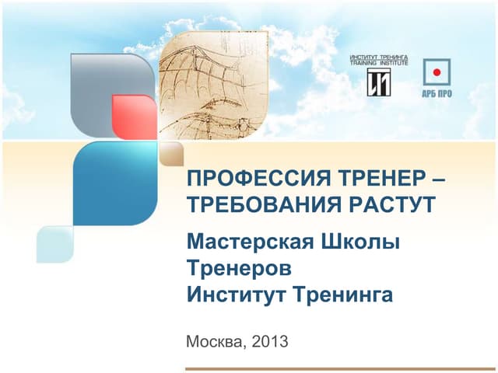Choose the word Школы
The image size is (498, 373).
(x=361, y=243)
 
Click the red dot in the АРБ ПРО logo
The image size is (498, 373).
(x=437, y=72)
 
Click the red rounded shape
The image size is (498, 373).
(x=134, y=117)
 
